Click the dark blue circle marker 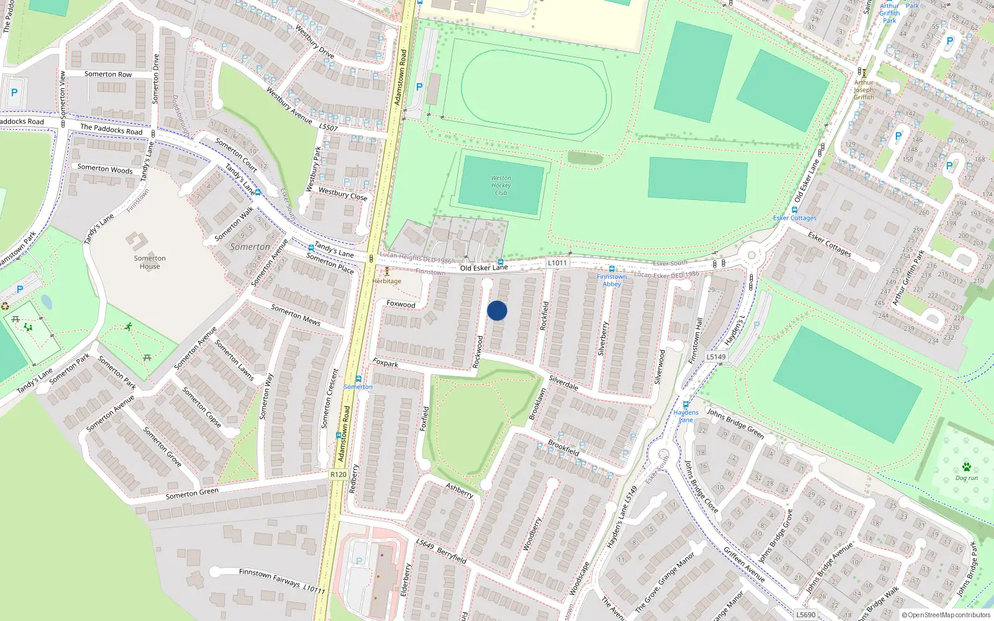point(497,310)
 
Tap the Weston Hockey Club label point(501,185)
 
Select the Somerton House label point(150,262)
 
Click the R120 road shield point(339,474)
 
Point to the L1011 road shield point(557,263)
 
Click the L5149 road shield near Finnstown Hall point(716,356)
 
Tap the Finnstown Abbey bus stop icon point(612,269)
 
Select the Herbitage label point(387,281)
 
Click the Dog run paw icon point(966,467)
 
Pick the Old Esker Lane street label point(484,268)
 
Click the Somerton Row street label point(108,74)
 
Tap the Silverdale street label point(563,383)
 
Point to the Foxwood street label point(401,304)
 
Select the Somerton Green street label point(192,493)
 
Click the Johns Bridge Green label point(736,423)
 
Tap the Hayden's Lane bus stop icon point(686,404)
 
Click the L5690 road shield point(806,615)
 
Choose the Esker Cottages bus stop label point(795,218)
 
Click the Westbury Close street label point(343,194)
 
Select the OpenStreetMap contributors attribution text point(947,615)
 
